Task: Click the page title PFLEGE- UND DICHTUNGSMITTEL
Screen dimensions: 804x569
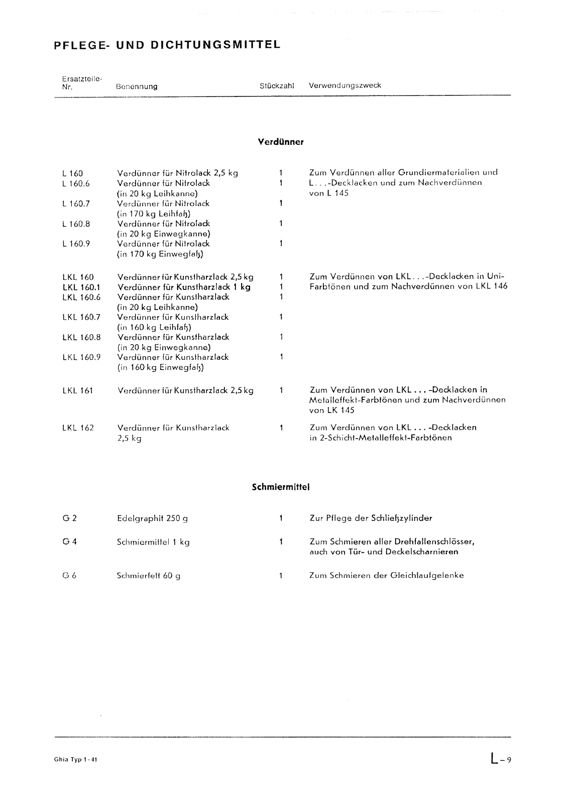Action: (x=166, y=45)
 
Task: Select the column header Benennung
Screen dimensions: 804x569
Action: (x=136, y=86)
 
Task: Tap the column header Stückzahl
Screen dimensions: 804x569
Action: (x=276, y=86)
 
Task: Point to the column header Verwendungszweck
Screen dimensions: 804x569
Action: (x=345, y=85)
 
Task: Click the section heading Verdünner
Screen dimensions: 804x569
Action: (x=280, y=142)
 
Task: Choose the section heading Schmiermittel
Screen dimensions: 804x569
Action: (x=280, y=487)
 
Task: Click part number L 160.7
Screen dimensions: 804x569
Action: (x=76, y=204)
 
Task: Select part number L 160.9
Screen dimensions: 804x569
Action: (x=76, y=244)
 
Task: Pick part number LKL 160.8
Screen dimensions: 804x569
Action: (x=81, y=337)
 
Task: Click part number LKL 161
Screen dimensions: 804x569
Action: (x=78, y=390)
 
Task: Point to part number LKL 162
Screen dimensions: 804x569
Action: (x=78, y=428)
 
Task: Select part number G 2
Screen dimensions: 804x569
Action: (x=69, y=518)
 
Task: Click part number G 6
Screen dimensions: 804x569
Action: (x=69, y=576)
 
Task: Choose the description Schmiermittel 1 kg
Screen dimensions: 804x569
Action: (x=153, y=542)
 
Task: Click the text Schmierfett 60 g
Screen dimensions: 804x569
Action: (x=148, y=576)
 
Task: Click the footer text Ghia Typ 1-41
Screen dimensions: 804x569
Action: (x=75, y=760)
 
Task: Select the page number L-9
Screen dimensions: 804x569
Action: (x=501, y=759)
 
